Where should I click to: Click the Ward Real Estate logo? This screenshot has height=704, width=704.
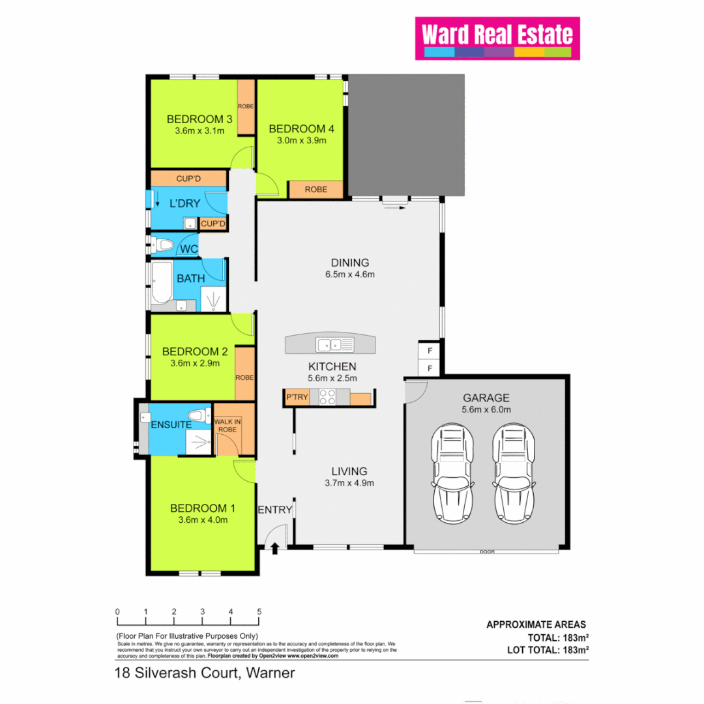[497, 38]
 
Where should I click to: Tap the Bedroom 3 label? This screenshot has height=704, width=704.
[199, 119]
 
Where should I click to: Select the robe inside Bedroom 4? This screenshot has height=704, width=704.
[315, 189]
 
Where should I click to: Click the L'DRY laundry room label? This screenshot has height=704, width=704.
[184, 203]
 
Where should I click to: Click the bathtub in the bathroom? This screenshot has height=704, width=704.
[162, 284]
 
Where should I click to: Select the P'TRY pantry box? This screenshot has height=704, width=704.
[297, 396]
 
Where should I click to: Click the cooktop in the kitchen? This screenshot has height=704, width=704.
[327, 397]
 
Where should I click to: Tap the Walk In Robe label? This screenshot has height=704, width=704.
[227, 425]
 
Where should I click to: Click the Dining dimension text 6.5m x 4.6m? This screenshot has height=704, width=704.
[350, 274]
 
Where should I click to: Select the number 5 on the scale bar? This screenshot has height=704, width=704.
[259, 611]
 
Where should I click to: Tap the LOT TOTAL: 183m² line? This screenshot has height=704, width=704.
[548, 650]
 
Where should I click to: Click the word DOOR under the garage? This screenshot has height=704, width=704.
[486, 551]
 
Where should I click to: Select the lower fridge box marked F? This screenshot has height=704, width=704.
[429, 368]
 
